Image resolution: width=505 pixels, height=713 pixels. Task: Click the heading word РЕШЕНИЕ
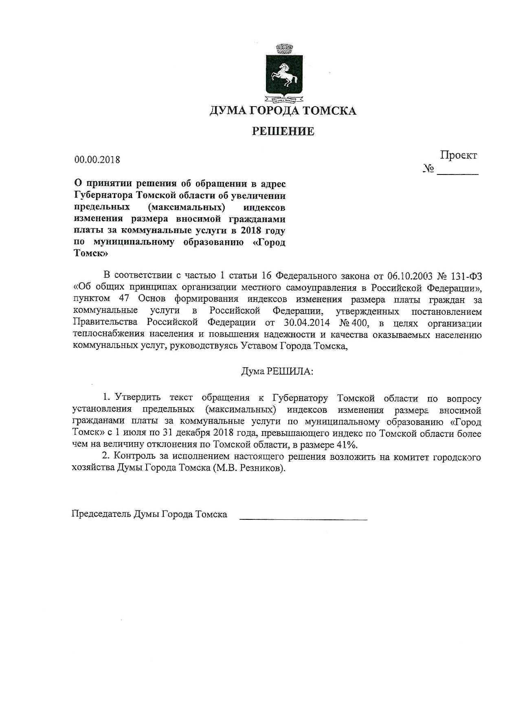point(283,131)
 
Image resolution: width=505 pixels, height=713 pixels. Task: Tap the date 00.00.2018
point(97,159)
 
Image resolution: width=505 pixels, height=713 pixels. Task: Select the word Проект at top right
point(458,155)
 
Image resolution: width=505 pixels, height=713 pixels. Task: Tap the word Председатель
point(101,514)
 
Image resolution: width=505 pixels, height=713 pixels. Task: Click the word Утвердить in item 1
point(138,397)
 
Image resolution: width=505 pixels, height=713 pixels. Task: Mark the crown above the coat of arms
point(284,49)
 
